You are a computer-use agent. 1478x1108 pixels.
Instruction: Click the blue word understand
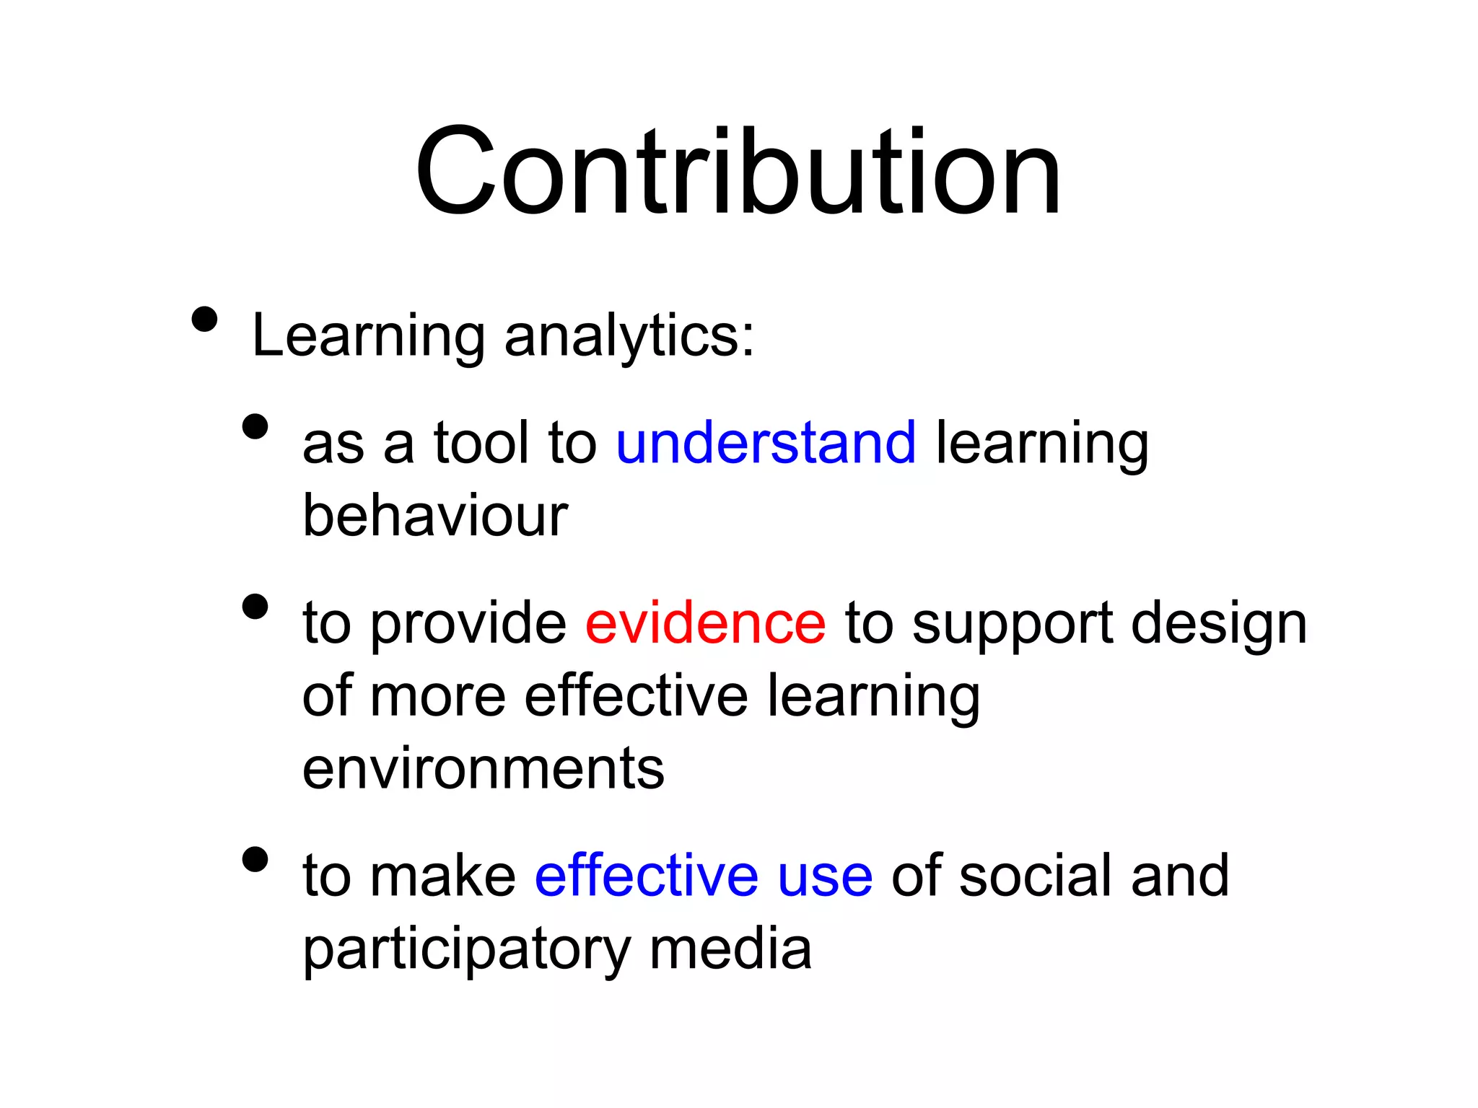(766, 443)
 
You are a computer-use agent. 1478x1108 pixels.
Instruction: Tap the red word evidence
(705, 623)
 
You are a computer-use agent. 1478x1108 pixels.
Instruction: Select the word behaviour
(435, 516)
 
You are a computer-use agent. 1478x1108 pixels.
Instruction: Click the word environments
(483, 769)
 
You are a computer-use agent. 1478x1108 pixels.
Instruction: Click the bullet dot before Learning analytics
(205, 320)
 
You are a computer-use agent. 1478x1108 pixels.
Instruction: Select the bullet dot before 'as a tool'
(255, 426)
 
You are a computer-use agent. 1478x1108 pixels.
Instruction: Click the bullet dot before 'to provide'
(255, 607)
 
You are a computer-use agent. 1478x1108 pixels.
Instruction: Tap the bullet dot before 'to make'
(255, 859)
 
